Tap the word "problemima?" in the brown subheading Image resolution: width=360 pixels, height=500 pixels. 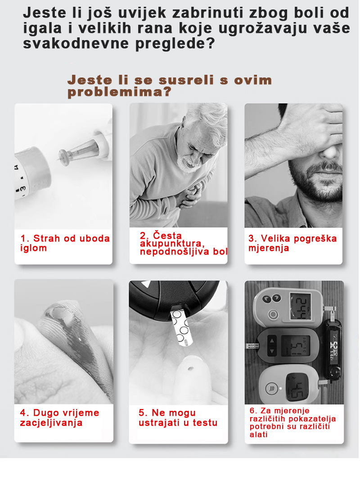pos(119,92)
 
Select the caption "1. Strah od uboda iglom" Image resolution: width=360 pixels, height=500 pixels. pos(65,243)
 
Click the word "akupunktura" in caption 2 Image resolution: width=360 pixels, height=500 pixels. pos(172,244)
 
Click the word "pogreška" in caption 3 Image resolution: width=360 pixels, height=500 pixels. pos(315,239)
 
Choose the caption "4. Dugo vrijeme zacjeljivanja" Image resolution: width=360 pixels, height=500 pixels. pos(59,418)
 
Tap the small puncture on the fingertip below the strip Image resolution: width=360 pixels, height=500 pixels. pos(190,369)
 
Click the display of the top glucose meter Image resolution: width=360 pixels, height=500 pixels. pos(301,306)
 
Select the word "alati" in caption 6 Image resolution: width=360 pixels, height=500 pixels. pos(258,434)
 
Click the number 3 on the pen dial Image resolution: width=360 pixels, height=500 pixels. pos(23,189)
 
